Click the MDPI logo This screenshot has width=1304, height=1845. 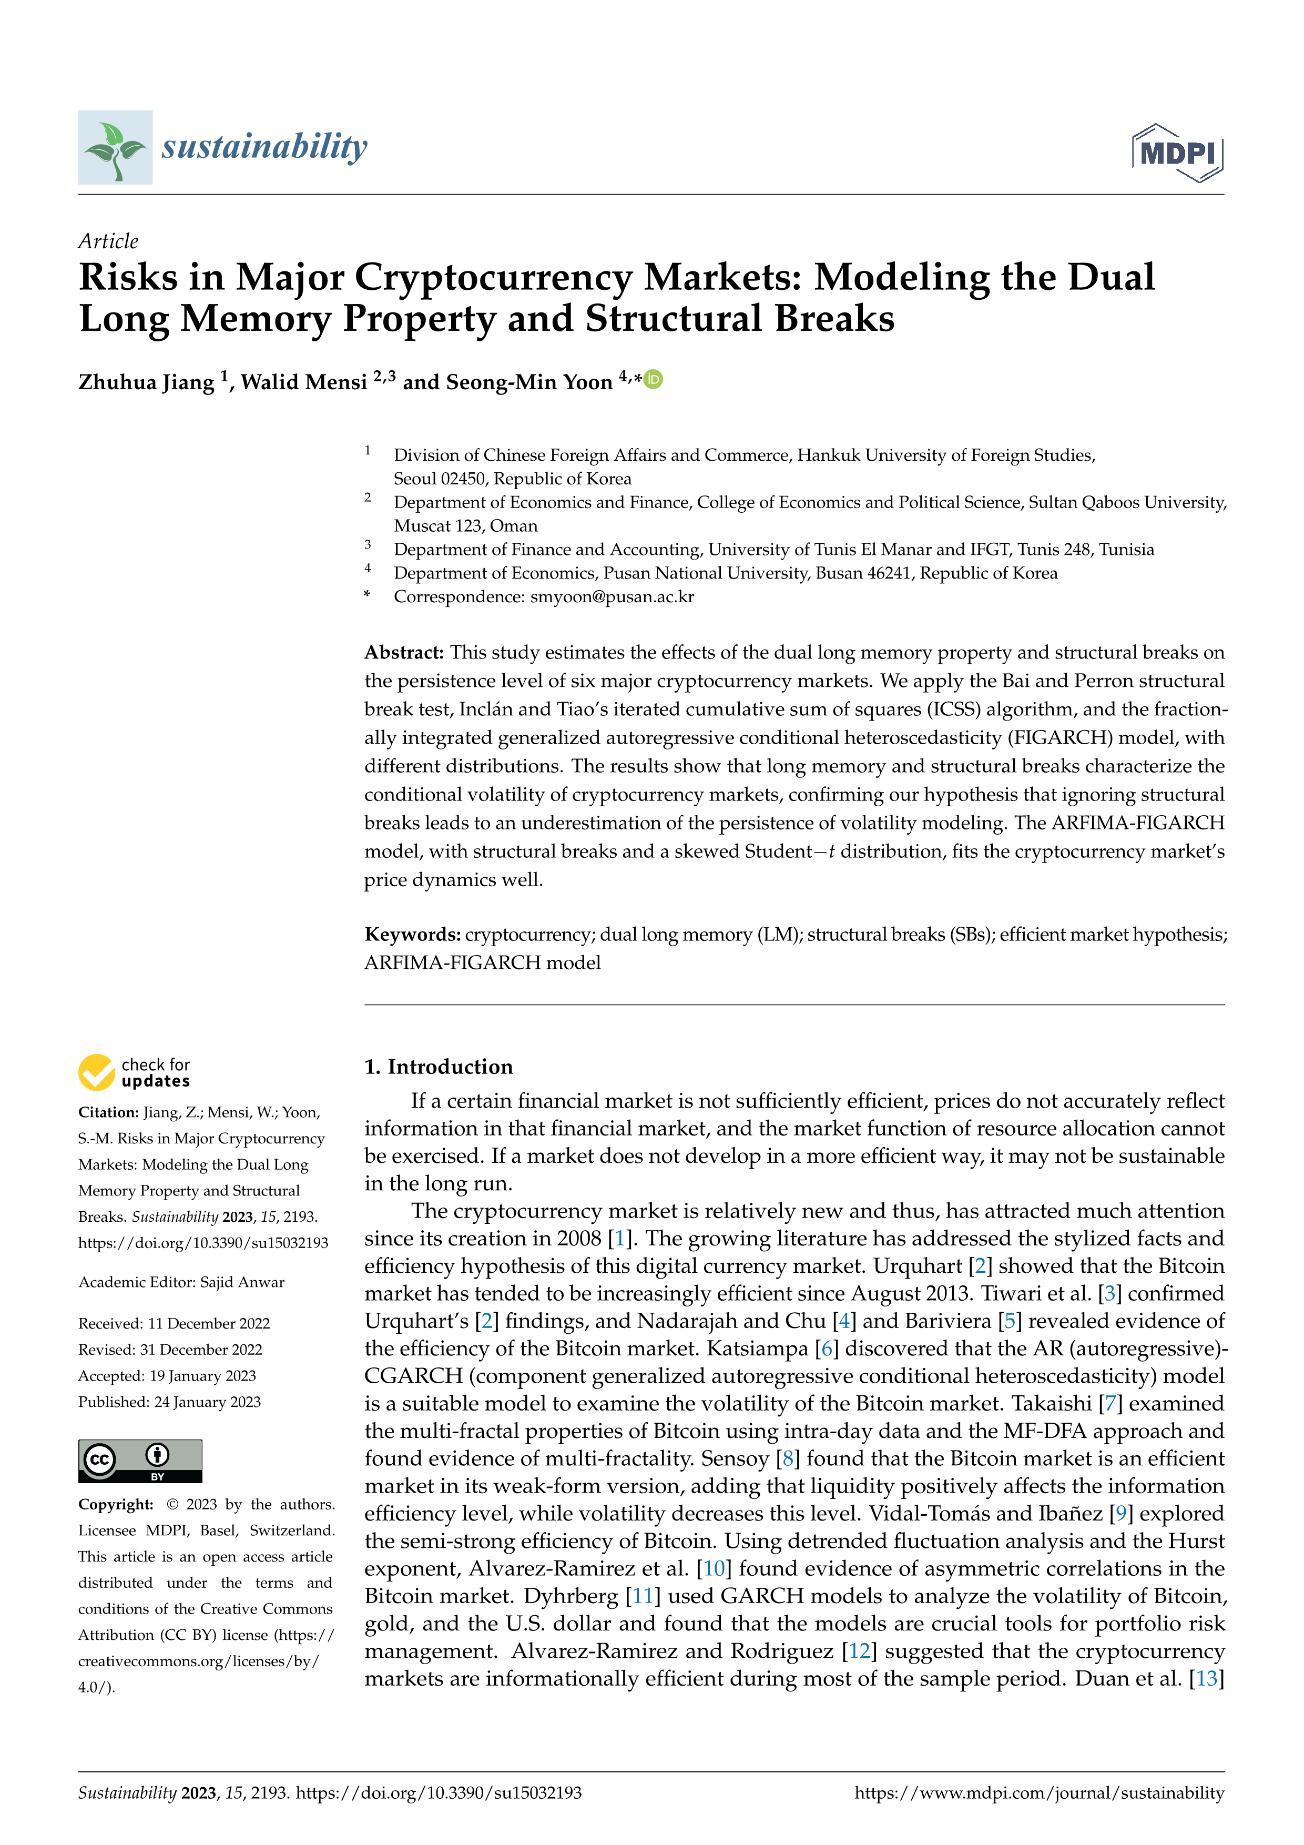click(1177, 153)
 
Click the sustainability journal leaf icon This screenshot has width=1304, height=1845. click(115, 148)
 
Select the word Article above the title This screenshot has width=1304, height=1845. click(108, 241)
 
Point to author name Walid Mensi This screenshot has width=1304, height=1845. click(304, 382)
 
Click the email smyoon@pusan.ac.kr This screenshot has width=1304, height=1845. click(612, 596)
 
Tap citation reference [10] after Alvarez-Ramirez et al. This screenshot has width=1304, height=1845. click(714, 1568)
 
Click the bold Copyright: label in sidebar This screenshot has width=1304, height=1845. click(116, 1504)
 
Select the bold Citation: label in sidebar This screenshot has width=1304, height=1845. click(108, 1112)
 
